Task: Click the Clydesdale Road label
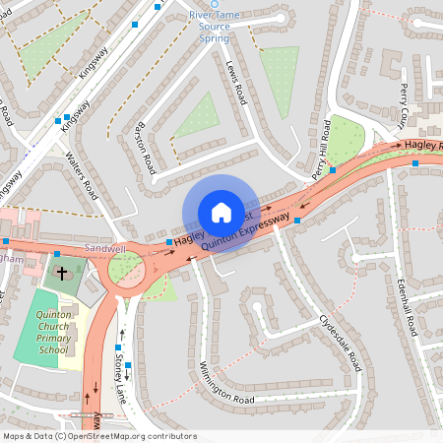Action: [341, 343]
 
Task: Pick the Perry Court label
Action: [407, 105]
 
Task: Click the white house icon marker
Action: [221, 212]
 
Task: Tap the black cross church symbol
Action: [61, 273]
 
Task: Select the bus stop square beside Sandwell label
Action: [169, 241]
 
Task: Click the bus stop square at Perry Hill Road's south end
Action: [333, 169]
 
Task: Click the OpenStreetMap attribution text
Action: [99, 435]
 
